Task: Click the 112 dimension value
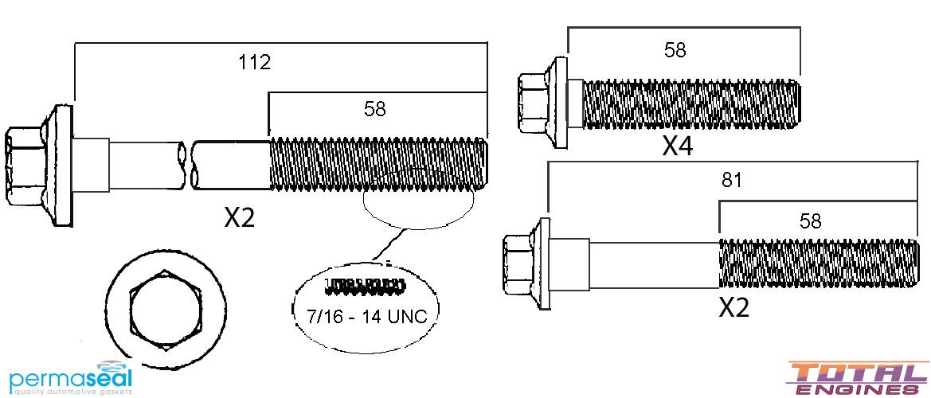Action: [x=255, y=62]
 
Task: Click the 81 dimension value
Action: [x=731, y=180]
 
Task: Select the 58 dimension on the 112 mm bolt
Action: [x=374, y=109]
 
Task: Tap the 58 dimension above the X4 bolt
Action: [x=675, y=50]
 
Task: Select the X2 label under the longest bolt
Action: [x=239, y=217]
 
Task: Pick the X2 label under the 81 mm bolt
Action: [x=734, y=307]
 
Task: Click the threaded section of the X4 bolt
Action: [x=689, y=104]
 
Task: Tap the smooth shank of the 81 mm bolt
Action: [x=653, y=263]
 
